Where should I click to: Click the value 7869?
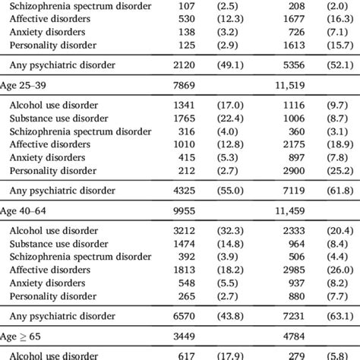click(186, 83)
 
